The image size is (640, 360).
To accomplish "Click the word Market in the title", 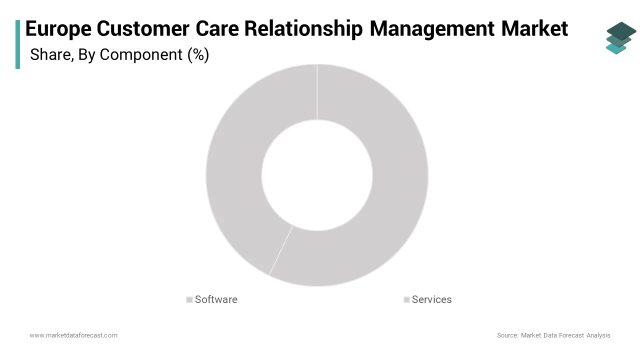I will (x=534, y=29).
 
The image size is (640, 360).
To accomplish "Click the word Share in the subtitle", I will (x=50, y=54).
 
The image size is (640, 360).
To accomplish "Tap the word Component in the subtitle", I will (x=141, y=54).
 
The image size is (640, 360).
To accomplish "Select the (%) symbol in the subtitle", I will (x=198, y=54).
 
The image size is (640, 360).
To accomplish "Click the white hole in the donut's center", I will (x=317, y=175).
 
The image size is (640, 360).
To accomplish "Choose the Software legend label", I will (x=216, y=299).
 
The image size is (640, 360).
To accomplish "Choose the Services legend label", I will (x=431, y=299).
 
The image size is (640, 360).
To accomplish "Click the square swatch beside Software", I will (x=189, y=300).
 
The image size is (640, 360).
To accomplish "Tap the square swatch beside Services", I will (x=406, y=300).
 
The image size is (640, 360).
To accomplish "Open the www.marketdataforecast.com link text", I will (x=73, y=335).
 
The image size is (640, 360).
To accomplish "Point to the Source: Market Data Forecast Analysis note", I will (x=553, y=335).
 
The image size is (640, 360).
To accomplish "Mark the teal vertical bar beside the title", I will (x=18, y=44).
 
